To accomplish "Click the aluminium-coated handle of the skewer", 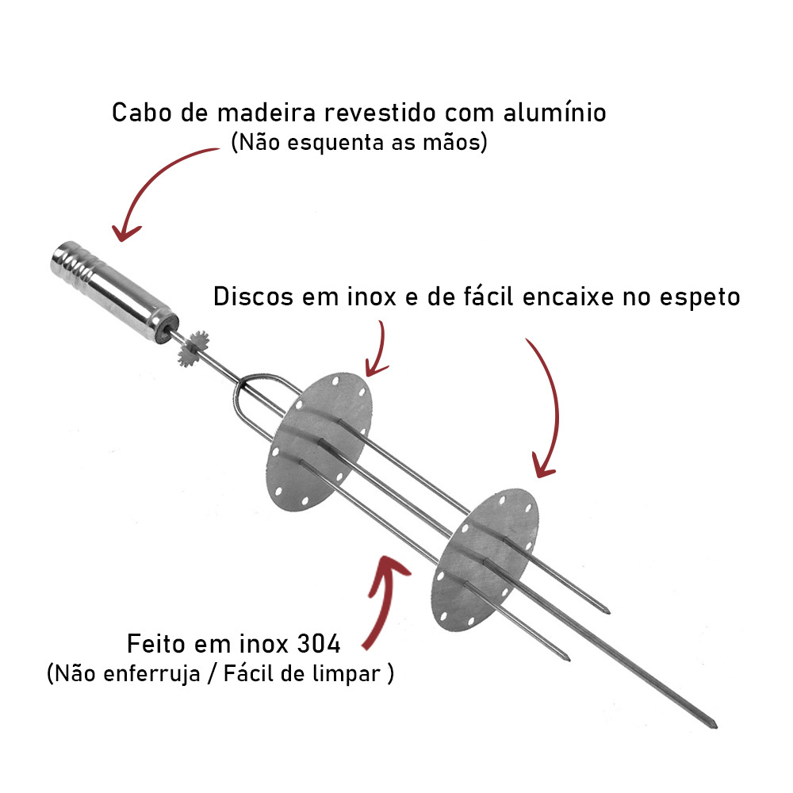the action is (x=114, y=293).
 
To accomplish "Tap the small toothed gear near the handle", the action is (x=194, y=348).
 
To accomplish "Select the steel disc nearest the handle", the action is (x=319, y=442).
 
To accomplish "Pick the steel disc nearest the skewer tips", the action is (x=484, y=560).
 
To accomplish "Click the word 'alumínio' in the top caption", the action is (x=554, y=113).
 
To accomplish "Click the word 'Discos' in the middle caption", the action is (x=253, y=297).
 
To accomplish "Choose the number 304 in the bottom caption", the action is (x=319, y=644).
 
